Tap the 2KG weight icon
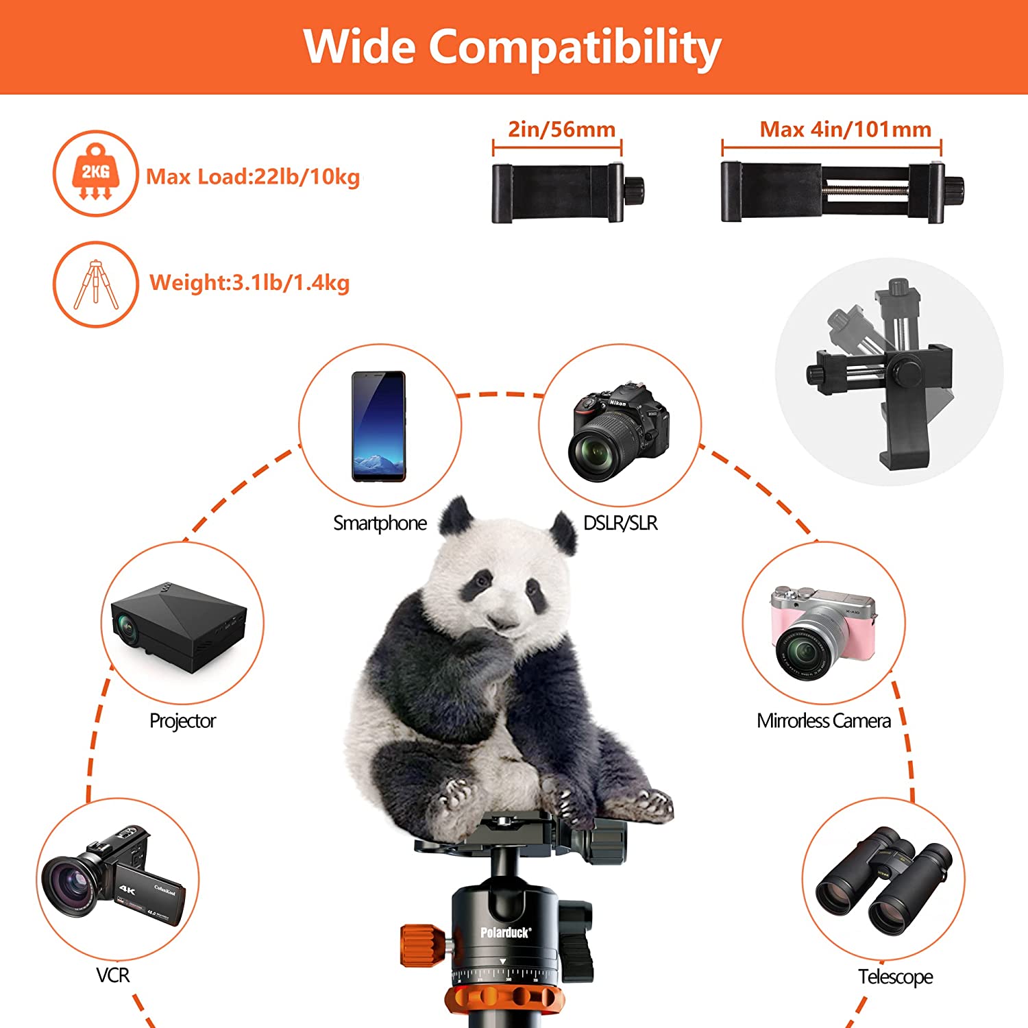95,173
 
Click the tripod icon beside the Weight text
95,284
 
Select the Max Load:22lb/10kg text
253,177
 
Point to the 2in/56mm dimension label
561,130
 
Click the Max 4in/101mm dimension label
845,130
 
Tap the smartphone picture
378,426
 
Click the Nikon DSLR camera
618,430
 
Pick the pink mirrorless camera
822,631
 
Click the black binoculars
883,880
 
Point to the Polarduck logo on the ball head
505,932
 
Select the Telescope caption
895,977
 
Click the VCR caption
112,975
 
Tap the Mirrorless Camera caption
823,721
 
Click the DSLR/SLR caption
620,524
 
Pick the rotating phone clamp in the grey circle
889,374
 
